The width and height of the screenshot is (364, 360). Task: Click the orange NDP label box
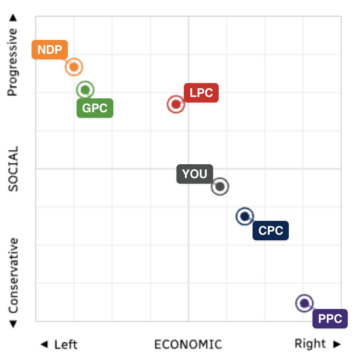(x=50, y=50)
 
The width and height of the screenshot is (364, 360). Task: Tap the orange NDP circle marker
(x=73, y=67)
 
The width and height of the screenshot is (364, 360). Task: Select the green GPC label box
(x=95, y=108)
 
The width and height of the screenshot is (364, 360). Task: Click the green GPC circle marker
(x=85, y=90)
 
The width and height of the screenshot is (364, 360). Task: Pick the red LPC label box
(x=201, y=93)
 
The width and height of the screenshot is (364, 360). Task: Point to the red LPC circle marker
(x=175, y=104)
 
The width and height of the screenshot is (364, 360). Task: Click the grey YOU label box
(x=195, y=174)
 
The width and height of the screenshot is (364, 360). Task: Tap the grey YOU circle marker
(x=220, y=186)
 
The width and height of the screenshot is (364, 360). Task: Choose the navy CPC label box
(x=271, y=231)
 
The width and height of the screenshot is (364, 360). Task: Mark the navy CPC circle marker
(x=245, y=216)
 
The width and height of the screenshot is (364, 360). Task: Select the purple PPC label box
(x=330, y=319)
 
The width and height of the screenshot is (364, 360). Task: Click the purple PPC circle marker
(x=304, y=303)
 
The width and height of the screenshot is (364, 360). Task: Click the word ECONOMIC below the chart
(x=188, y=344)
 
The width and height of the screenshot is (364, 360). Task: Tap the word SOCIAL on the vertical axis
(x=13, y=169)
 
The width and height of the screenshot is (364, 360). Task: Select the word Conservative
(x=13, y=276)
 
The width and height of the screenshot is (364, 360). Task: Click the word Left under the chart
(x=65, y=345)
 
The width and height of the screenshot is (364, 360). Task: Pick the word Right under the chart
(x=310, y=344)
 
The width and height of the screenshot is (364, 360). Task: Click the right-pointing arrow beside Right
(x=337, y=344)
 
